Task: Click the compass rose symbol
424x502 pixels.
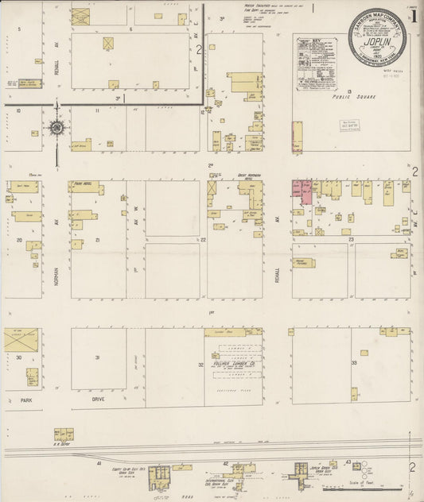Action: click(x=57, y=127)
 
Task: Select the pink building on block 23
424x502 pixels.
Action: click(x=302, y=191)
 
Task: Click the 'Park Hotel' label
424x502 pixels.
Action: click(x=84, y=184)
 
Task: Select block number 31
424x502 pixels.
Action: click(x=97, y=357)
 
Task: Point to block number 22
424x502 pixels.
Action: click(x=204, y=239)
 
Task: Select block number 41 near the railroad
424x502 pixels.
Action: click(x=99, y=461)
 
